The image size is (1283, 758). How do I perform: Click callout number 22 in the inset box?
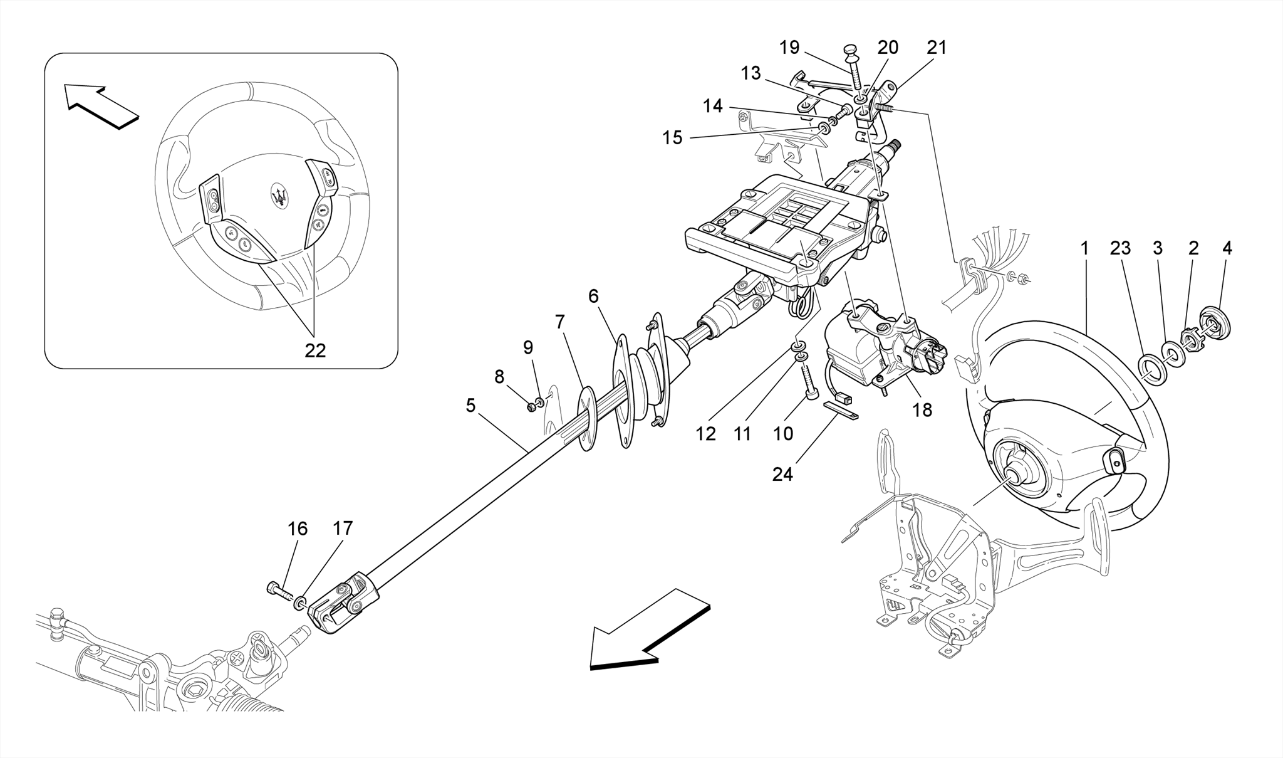click(315, 350)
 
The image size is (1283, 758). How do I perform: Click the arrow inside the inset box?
click(101, 106)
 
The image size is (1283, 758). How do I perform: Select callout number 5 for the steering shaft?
click(470, 406)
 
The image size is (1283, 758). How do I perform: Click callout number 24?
click(782, 475)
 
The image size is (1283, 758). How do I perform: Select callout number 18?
click(922, 410)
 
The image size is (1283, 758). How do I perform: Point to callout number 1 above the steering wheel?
click(1084, 248)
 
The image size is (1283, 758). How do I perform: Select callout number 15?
click(672, 137)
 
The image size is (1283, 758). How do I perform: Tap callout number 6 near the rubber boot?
click(593, 296)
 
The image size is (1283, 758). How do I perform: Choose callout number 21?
click(937, 48)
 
